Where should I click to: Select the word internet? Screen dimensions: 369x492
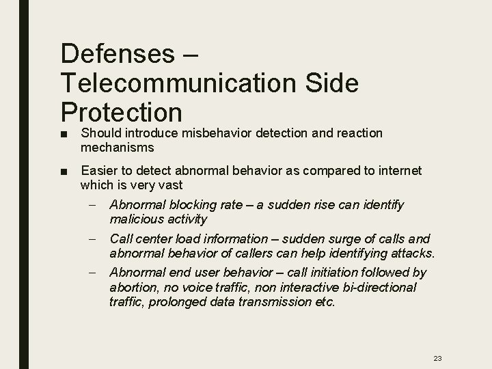click(398, 170)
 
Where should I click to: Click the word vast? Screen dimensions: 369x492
click(171, 184)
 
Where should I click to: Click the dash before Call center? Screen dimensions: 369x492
click(98, 238)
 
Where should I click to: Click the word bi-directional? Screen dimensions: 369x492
click(377, 287)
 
